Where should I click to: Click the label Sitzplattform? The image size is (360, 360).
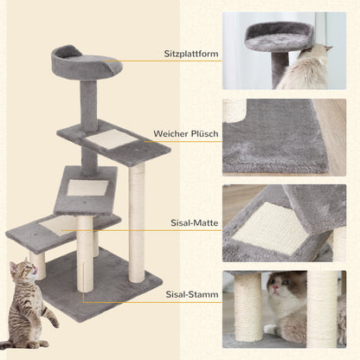point(190,54)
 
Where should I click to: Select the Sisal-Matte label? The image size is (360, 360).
point(191,222)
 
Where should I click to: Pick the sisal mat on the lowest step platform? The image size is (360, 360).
point(57,226)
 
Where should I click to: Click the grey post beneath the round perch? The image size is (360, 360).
point(89,102)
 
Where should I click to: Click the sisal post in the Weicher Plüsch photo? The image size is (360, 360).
point(236,110)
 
